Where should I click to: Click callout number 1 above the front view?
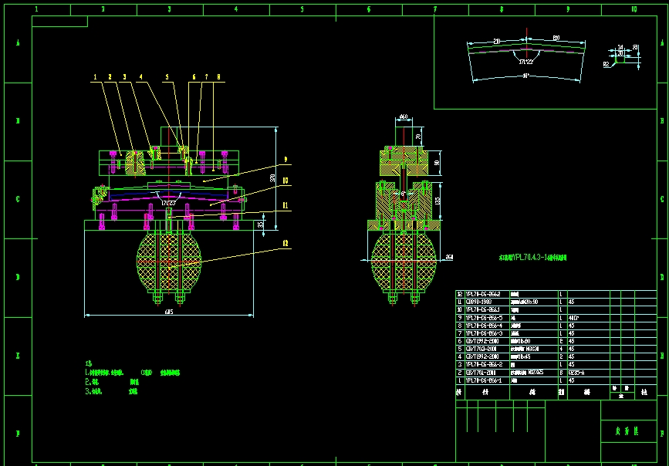pyautogui.click(x=96, y=77)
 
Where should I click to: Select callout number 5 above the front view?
pyautogui.click(x=166, y=77)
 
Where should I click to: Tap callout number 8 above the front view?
pyautogui.click(x=218, y=77)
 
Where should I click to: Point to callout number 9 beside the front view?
pyautogui.click(x=285, y=160)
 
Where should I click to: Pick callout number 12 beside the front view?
pyautogui.click(x=285, y=243)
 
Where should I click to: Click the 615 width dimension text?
pyautogui.click(x=168, y=312)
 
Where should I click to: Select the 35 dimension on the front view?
pyautogui.click(x=260, y=224)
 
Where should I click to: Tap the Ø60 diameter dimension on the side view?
pyautogui.click(x=403, y=117)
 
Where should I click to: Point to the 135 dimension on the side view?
pyautogui.click(x=438, y=201)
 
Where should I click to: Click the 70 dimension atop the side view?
pyautogui.click(x=418, y=137)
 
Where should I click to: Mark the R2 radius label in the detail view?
pyautogui.click(x=606, y=65)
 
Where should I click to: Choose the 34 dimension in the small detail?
pyautogui.click(x=620, y=47)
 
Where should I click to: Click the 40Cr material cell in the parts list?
pyautogui.click(x=572, y=317)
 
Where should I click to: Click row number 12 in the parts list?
pyautogui.click(x=460, y=294)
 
